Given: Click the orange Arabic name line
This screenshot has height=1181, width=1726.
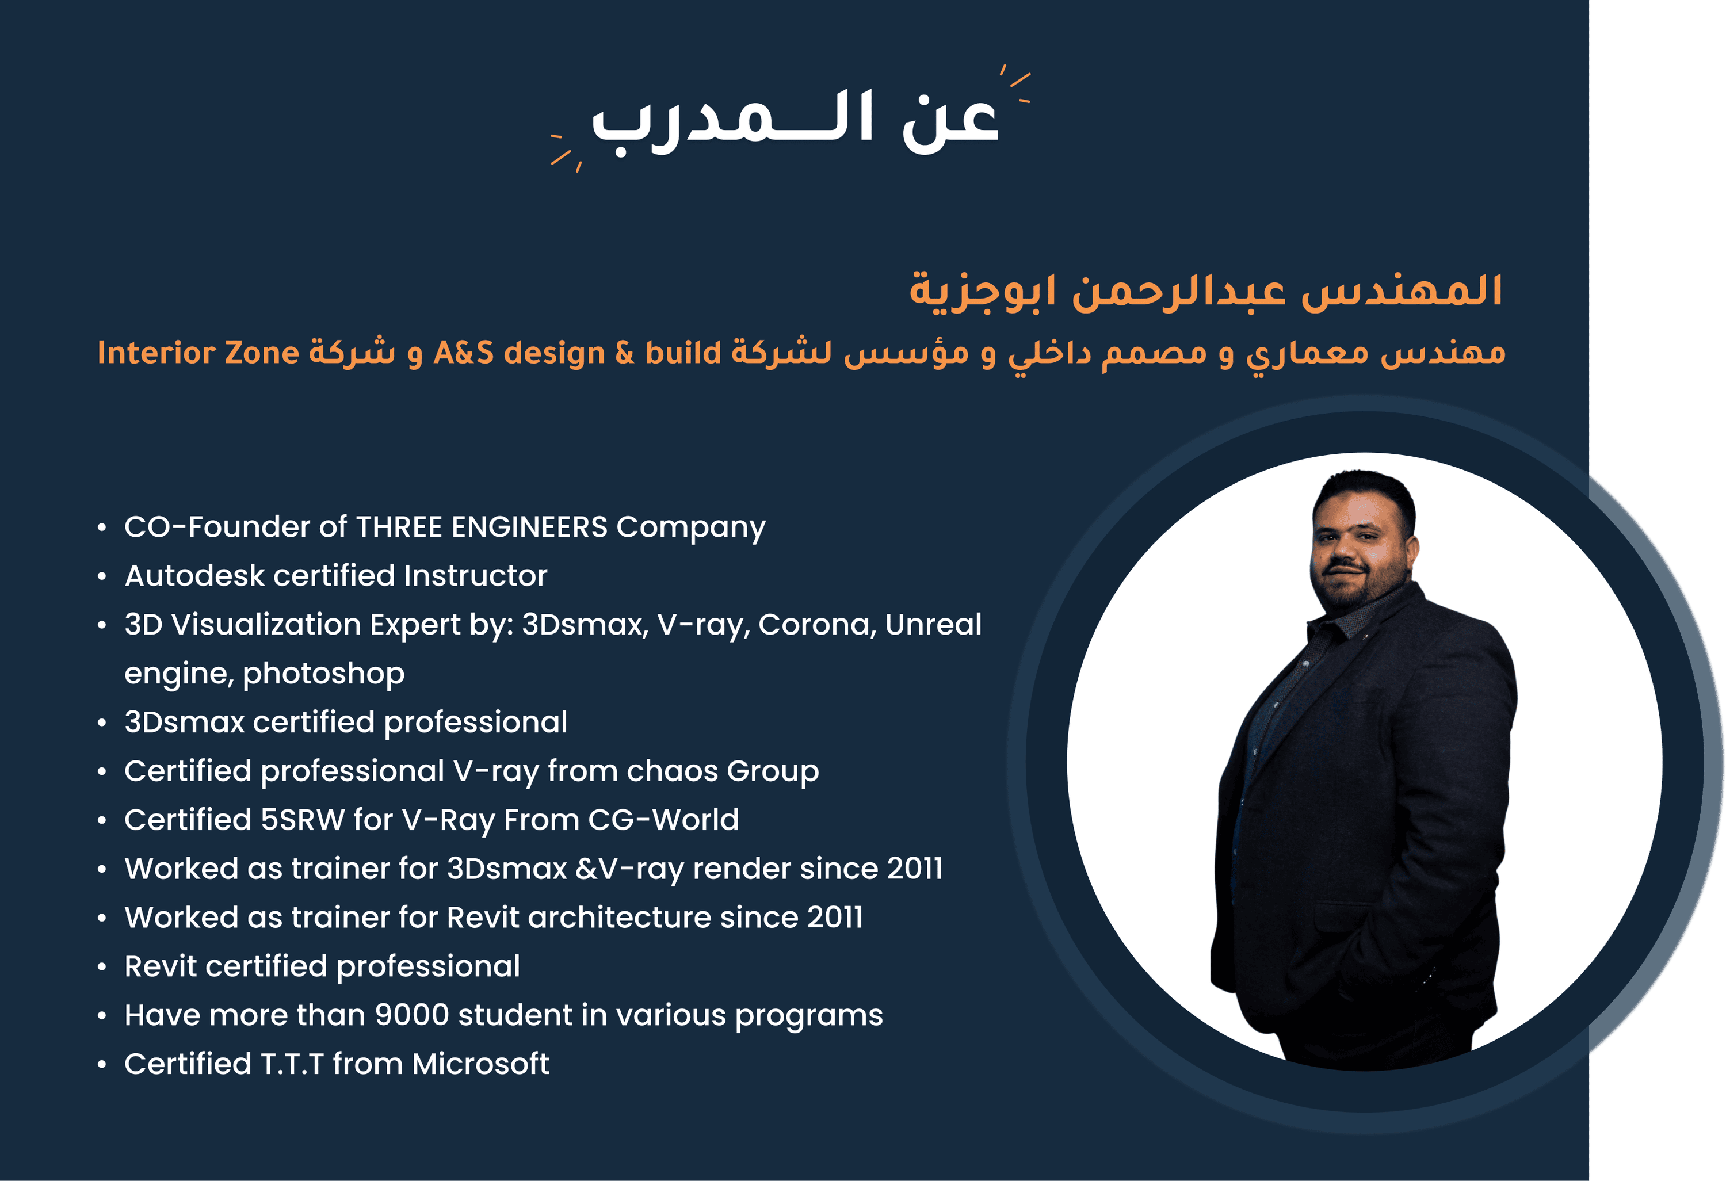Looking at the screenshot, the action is click(x=1206, y=291).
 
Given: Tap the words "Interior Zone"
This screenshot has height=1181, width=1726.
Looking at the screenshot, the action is click(x=198, y=353).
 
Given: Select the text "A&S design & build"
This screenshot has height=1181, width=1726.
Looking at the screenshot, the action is click(x=577, y=353).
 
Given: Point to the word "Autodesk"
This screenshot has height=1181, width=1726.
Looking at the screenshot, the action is click(x=194, y=576).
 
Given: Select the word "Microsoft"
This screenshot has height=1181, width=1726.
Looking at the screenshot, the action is click(x=480, y=1064).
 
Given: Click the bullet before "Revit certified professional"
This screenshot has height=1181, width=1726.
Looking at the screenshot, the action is click(x=102, y=967).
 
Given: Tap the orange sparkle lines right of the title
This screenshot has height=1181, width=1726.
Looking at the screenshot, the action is click(x=1015, y=83).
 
